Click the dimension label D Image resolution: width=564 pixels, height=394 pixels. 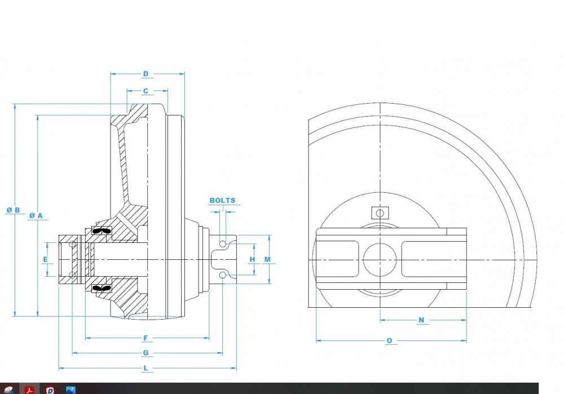coord(146,74)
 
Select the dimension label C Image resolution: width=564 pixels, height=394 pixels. coord(146,91)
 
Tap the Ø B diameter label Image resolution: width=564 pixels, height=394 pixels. coord(14,210)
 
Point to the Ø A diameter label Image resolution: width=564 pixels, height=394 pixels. coord(36,216)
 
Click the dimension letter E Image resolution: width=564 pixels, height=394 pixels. coord(45,259)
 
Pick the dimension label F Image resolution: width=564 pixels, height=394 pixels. coord(146,338)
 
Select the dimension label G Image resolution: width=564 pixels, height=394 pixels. coord(146,353)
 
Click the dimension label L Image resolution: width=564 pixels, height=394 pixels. coord(146,368)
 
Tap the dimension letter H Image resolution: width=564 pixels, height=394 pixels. coord(252,259)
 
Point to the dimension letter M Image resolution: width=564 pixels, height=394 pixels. coord(267,259)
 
